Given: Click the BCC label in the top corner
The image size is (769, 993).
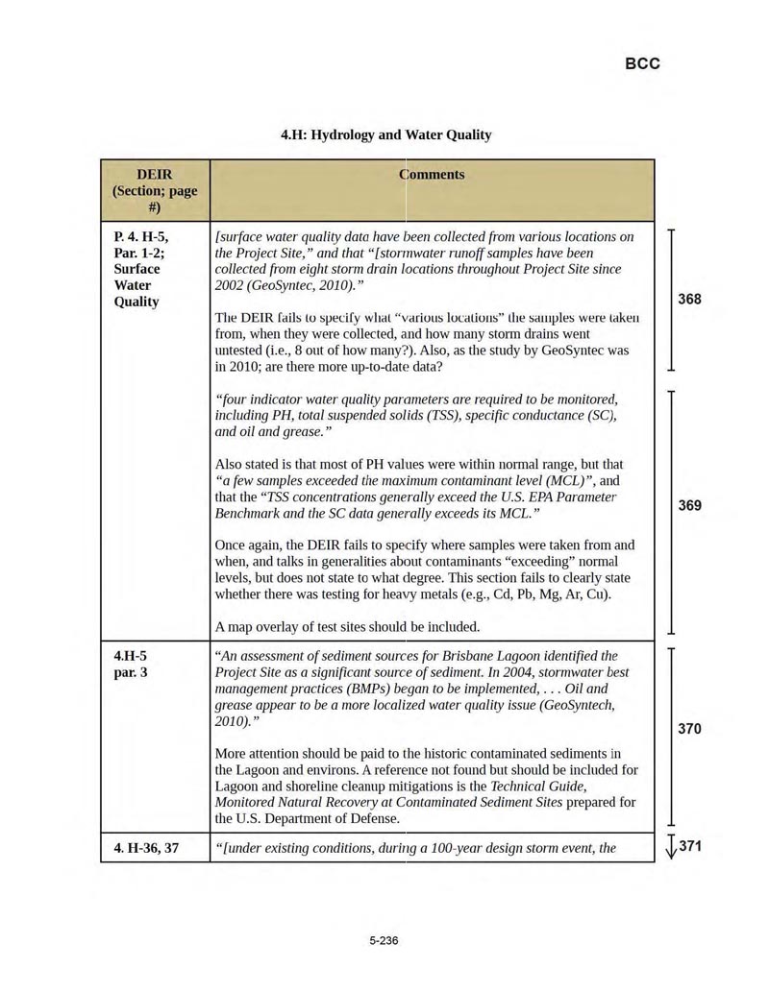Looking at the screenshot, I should (642, 63).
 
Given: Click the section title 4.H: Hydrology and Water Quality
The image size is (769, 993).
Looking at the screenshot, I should (385, 134).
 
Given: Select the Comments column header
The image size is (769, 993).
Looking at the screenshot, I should (432, 175).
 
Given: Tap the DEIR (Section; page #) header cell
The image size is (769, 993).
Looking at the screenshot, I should (155, 190).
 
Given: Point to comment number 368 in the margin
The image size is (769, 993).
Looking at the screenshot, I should (689, 299).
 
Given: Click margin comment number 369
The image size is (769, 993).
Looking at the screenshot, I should (689, 505).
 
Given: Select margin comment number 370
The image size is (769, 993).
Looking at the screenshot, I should (689, 729).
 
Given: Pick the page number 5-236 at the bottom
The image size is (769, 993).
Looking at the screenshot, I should (384, 940).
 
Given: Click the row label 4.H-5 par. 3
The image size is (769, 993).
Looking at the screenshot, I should (134, 664).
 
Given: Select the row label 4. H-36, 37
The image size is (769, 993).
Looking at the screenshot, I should (145, 848).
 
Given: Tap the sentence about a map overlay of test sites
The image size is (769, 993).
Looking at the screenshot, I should (347, 627).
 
